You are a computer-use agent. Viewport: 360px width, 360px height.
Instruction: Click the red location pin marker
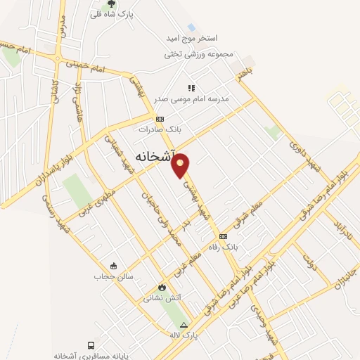click(181, 165)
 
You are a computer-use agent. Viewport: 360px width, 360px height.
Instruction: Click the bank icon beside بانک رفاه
click(224, 236)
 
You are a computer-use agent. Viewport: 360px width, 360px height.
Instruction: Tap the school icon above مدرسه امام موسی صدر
click(191, 88)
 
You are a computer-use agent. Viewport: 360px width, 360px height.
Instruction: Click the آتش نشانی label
click(162, 297)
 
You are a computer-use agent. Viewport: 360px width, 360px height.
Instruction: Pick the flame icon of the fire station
click(162, 287)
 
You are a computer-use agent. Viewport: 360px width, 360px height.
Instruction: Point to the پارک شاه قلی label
click(111, 14)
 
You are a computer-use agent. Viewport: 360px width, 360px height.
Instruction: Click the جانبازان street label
click(344, 273)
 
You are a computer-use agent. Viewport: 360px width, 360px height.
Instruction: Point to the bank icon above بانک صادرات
click(160, 119)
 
